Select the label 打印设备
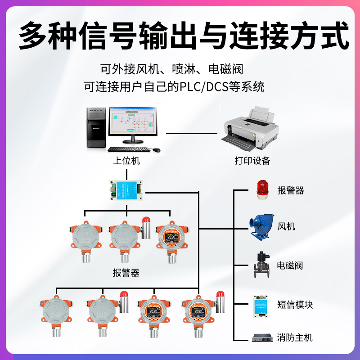[252, 161]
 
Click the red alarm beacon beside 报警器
[261, 189]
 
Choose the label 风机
[286, 226]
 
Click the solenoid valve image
[261, 265]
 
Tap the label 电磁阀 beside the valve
[290, 265]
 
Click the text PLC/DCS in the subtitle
[201, 86]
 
